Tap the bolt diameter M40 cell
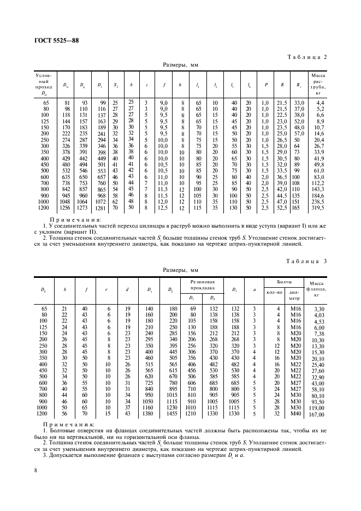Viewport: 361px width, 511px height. pyautogui.click(x=295, y=414)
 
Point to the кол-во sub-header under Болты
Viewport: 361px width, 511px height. pyautogui.click(x=274, y=292)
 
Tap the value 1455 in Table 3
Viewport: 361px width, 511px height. pyautogui.click(x=174, y=414)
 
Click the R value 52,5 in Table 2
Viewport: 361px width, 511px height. pyautogui.click(x=281, y=207)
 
